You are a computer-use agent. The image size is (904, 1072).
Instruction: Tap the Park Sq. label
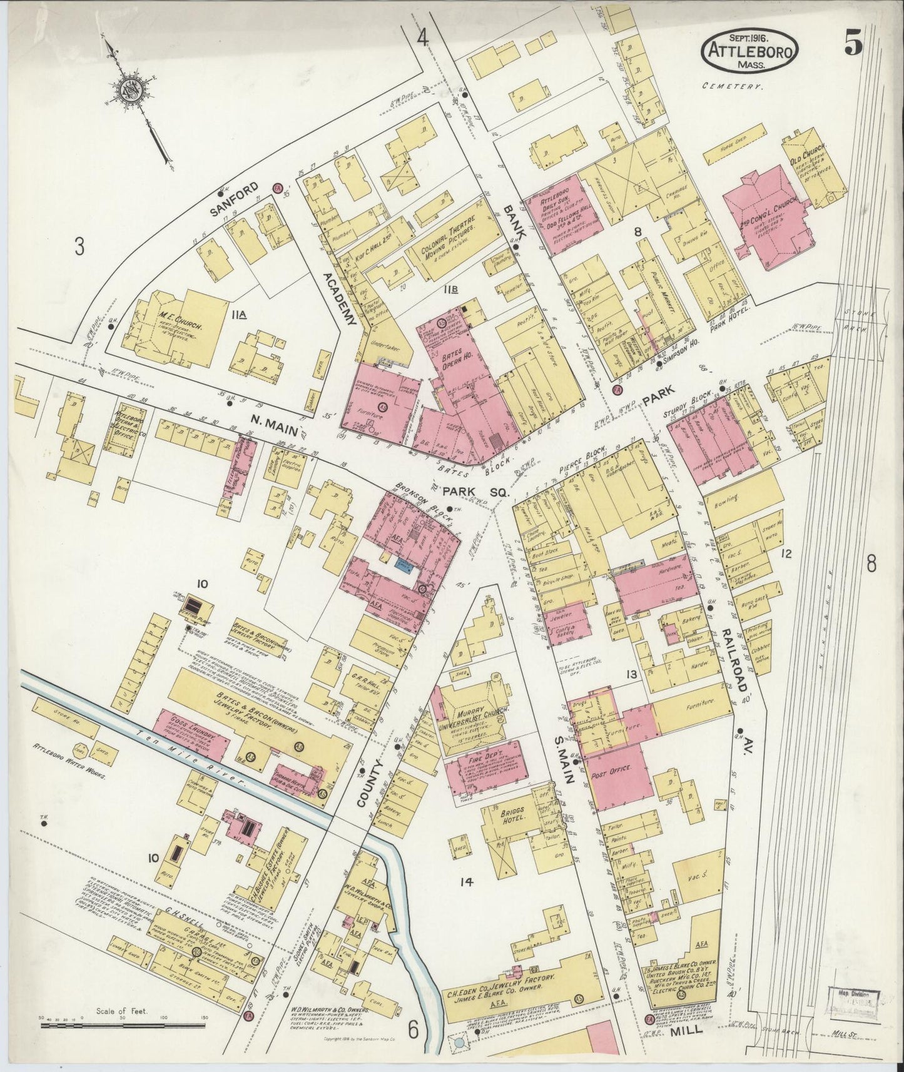475,492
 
